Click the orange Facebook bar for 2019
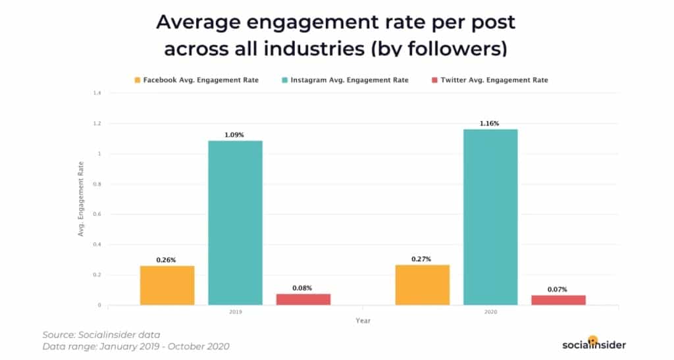(x=167, y=285)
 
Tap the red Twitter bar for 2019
(x=303, y=299)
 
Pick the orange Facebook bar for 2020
(x=422, y=284)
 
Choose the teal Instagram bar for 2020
(x=490, y=217)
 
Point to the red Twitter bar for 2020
(x=558, y=299)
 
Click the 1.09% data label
(x=235, y=135)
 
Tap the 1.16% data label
(x=490, y=123)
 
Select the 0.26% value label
(x=167, y=260)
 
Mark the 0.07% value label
(x=558, y=290)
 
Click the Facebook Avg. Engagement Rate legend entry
(x=196, y=80)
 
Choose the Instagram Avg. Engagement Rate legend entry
(x=343, y=80)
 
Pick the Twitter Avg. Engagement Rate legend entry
(x=488, y=80)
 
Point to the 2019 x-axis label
(x=235, y=313)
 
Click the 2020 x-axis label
(x=490, y=313)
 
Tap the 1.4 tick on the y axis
(x=97, y=93)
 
